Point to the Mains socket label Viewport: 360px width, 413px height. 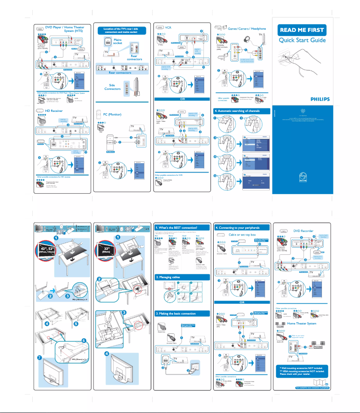[x=118, y=42]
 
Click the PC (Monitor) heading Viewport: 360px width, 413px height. [x=114, y=115]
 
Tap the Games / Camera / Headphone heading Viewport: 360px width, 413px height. [x=247, y=28]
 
